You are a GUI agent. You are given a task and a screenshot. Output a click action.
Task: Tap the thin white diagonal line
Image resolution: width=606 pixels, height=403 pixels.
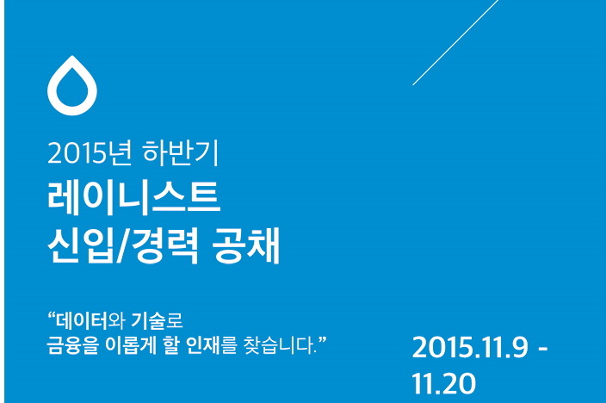pyautogui.click(x=455, y=42)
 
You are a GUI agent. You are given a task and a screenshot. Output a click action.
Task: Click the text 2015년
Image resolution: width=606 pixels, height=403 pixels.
pyautogui.click(x=90, y=153)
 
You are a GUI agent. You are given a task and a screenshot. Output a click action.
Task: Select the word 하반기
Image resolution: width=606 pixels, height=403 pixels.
pyautogui.click(x=181, y=153)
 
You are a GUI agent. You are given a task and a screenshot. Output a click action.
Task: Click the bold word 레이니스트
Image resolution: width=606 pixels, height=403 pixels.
pyautogui.click(x=133, y=198)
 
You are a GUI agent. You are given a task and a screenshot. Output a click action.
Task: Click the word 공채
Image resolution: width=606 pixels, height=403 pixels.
pyautogui.click(x=246, y=245)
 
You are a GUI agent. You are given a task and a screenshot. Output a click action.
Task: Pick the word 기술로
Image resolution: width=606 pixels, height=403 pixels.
pyautogui.click(x=157, y=320)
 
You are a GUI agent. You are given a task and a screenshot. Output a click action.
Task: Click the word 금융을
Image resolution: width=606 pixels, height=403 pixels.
pyautogui.click(x=72, y=345)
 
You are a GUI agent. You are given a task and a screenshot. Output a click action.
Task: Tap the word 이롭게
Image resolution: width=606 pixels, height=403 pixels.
pyautogui.click(x=131, y=345)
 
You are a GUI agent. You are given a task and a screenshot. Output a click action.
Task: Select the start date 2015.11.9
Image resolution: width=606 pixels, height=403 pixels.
pyautogui.click(x=470, y=347)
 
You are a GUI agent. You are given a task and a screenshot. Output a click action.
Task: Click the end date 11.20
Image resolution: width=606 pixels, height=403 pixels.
pyautogui.click(x=443, y=383)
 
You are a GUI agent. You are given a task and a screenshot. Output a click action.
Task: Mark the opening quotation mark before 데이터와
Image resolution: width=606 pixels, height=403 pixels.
pyautogui.click(x=52, y=315)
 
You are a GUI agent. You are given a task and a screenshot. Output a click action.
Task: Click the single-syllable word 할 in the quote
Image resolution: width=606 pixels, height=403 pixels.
pyautogui.click(x=171, y=345)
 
